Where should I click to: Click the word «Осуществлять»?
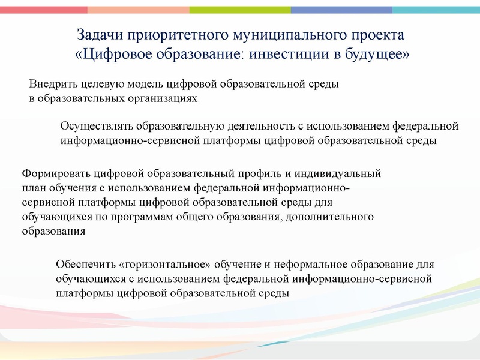tap(97, 127)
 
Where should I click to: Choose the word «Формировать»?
tap(56, 174)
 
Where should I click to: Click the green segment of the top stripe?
tap(240, 10)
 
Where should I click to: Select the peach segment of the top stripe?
tap(138, 10)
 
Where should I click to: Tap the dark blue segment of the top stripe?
tap(342, 10)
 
